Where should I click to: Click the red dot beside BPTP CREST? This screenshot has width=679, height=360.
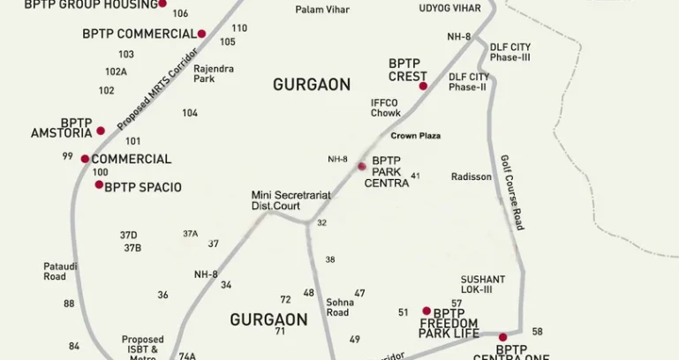tap(423, 86)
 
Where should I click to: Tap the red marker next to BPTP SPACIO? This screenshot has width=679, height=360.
tap(99, 184)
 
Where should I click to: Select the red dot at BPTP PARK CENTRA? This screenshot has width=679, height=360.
tap(361, 166)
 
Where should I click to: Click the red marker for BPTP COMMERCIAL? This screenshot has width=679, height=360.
tap(201, 34)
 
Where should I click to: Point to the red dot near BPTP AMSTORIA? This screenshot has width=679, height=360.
tap(101, 131)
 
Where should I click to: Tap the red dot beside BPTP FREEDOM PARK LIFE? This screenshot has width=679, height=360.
tap(426, 311)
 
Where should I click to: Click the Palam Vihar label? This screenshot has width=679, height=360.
tap(322, 10)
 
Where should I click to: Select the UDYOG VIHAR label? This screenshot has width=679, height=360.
tap(450, 8)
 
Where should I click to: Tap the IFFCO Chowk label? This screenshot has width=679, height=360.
tap(386, 108)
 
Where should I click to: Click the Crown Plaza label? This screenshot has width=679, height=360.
tap(416, 136)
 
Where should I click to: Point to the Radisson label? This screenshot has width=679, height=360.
tap(472, 176)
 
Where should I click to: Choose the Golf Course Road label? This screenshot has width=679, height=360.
tap(512, 192)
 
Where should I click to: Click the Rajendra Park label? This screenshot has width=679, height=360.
tap(214, 73)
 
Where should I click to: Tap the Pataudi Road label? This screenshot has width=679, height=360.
tap(55, 271)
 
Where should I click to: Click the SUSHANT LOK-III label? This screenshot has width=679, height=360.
tap(483, 284)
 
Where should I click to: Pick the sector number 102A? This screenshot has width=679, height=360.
tap(116, 71)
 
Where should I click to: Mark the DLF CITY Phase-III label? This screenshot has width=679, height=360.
tap(510, 52)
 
